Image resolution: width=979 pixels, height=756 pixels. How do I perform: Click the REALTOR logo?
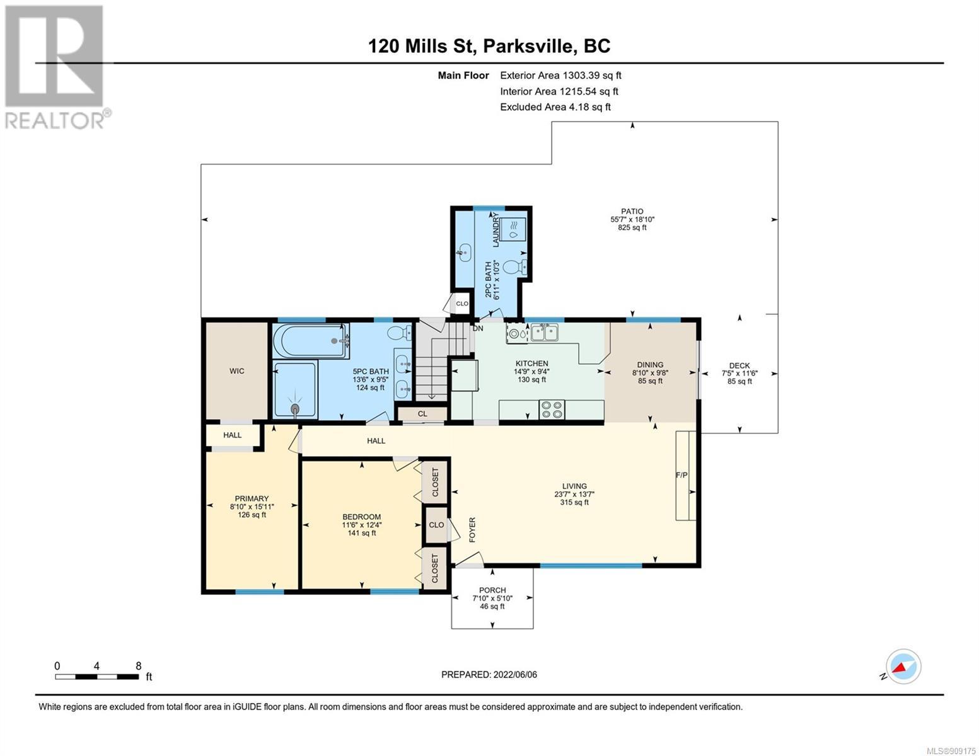point(57,67)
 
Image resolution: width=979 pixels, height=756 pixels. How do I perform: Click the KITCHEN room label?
point(532,364)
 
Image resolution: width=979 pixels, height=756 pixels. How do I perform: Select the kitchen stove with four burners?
point(552,409)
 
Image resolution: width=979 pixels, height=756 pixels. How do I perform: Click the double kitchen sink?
point(544,333)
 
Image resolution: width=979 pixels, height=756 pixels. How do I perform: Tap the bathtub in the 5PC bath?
point(311,341)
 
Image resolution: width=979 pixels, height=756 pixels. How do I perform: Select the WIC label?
point(237,371)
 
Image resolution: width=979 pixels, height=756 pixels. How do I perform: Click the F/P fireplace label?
point(681,475)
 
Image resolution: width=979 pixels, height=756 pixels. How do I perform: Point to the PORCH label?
point(492,590)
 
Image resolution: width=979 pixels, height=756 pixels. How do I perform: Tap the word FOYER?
point(472,530)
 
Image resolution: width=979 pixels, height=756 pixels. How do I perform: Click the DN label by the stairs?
point(478,328)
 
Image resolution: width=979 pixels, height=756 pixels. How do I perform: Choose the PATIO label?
point(632,211)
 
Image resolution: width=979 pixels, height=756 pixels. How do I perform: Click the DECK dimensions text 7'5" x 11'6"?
point(739,373)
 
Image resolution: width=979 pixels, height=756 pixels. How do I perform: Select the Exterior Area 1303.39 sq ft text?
point(560,76)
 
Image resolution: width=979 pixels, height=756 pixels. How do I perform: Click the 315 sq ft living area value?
point(574,502)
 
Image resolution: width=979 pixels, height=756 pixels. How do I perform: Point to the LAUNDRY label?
point(495,230)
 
